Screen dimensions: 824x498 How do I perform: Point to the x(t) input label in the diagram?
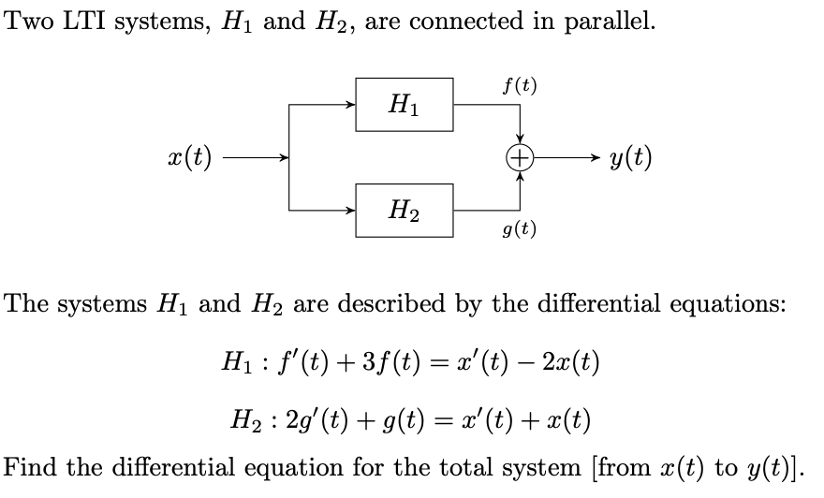[x=190, y=157]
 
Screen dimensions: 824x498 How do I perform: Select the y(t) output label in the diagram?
[x=630, y=157]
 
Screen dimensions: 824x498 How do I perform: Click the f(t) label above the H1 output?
[x=519, y=85]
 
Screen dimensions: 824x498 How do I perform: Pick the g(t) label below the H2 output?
[x=519, y=228]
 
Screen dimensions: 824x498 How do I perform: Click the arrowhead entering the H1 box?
[x=350, y=105]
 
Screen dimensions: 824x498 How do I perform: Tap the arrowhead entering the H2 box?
[x=350, y=210]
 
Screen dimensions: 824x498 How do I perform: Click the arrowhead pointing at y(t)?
[x=595, y=157]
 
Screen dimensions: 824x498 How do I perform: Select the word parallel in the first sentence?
[x=609, y=22]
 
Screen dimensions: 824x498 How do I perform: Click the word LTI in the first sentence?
[x=84, y=21]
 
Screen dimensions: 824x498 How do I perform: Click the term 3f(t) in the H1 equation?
[x=391, y=362]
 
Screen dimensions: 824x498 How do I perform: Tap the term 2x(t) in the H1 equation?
[x=570, y=362]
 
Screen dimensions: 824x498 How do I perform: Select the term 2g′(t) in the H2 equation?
[x=316, y=421]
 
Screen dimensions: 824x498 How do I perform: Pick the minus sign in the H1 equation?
[x=522, y=362]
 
